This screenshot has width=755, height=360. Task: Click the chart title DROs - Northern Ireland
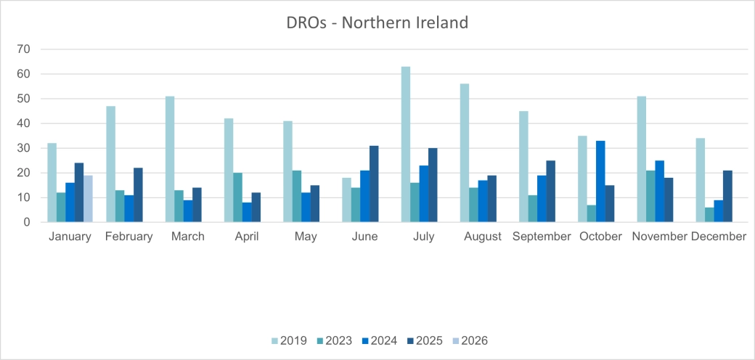click(x=377, y=22)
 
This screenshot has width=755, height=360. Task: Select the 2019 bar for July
click(x=406, y=144)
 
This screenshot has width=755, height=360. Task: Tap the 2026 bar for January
click(x=88, y=198)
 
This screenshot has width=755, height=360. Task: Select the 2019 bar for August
click(x=465, y=153)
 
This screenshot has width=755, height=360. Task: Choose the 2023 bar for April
click(x=237, y=197)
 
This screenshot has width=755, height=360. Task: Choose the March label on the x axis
click(x=187, y=237)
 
